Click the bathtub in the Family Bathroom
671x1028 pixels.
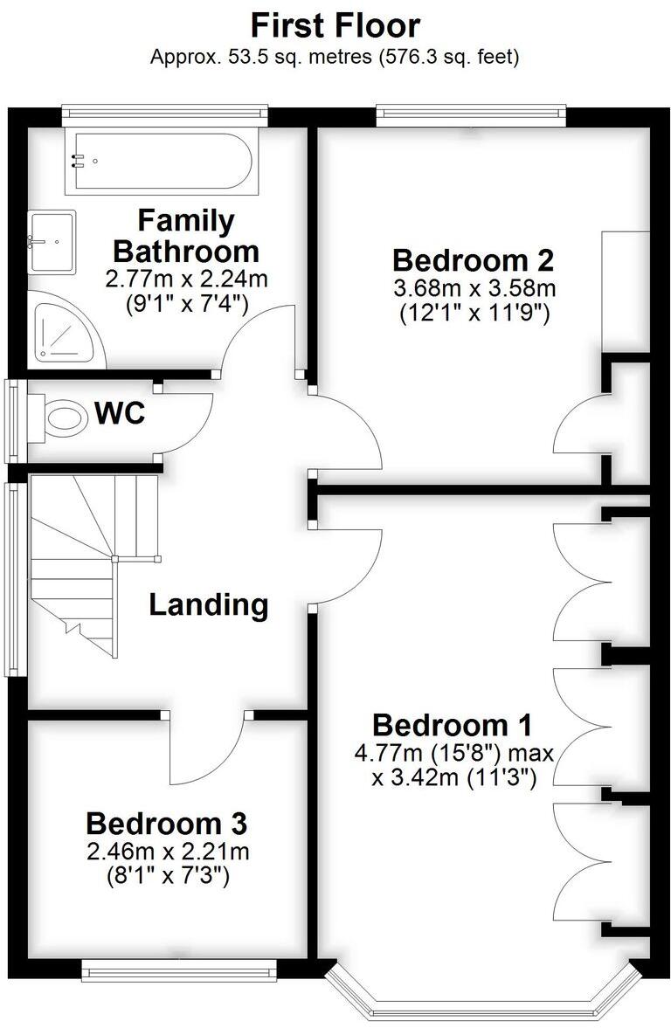coord(163,161)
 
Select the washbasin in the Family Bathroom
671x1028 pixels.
coord(52,240)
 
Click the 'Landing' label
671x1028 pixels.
coord(208,604)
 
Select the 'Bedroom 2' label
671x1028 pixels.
coord(474,260)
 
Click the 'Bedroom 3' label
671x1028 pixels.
coord(166,823)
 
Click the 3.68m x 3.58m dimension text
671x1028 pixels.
coord(474,287)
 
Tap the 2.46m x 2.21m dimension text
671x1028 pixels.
coord(166,851)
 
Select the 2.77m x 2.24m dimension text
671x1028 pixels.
coord(186,279)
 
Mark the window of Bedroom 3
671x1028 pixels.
coord(179,969)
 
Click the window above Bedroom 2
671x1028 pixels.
coord(471,112)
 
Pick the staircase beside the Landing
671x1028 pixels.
coord(79,559)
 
